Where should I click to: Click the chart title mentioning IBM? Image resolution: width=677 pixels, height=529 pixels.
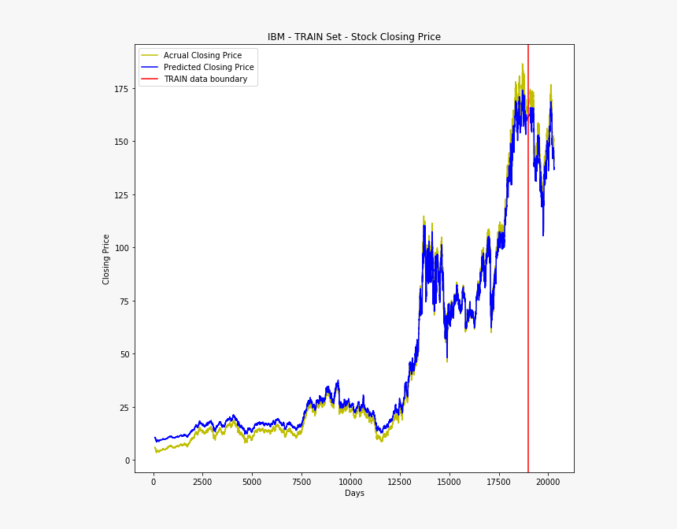pos(353,37)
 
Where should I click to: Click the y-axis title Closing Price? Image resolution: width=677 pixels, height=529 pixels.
pos(106,259)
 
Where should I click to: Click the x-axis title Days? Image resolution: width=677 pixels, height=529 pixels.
pos(354,493)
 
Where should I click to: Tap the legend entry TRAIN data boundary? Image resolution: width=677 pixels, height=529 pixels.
pos(205,79)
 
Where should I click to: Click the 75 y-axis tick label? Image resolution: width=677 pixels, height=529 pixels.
pos(123,301)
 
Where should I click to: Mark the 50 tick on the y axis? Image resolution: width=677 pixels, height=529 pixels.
pos(123,354)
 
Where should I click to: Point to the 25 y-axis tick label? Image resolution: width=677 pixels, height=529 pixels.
pos(123,408)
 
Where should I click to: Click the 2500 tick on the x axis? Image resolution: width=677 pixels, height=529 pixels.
pos(202,480)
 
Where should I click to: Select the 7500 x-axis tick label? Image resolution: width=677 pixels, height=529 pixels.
pos(301,480)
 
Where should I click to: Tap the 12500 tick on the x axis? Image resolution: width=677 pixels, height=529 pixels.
pos(400,480)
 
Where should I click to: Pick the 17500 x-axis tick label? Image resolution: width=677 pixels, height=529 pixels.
pos(498,480)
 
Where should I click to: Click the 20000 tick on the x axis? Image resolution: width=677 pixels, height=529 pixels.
pos(548,480)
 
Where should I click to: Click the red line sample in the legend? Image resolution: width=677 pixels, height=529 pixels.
pos(150,79)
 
